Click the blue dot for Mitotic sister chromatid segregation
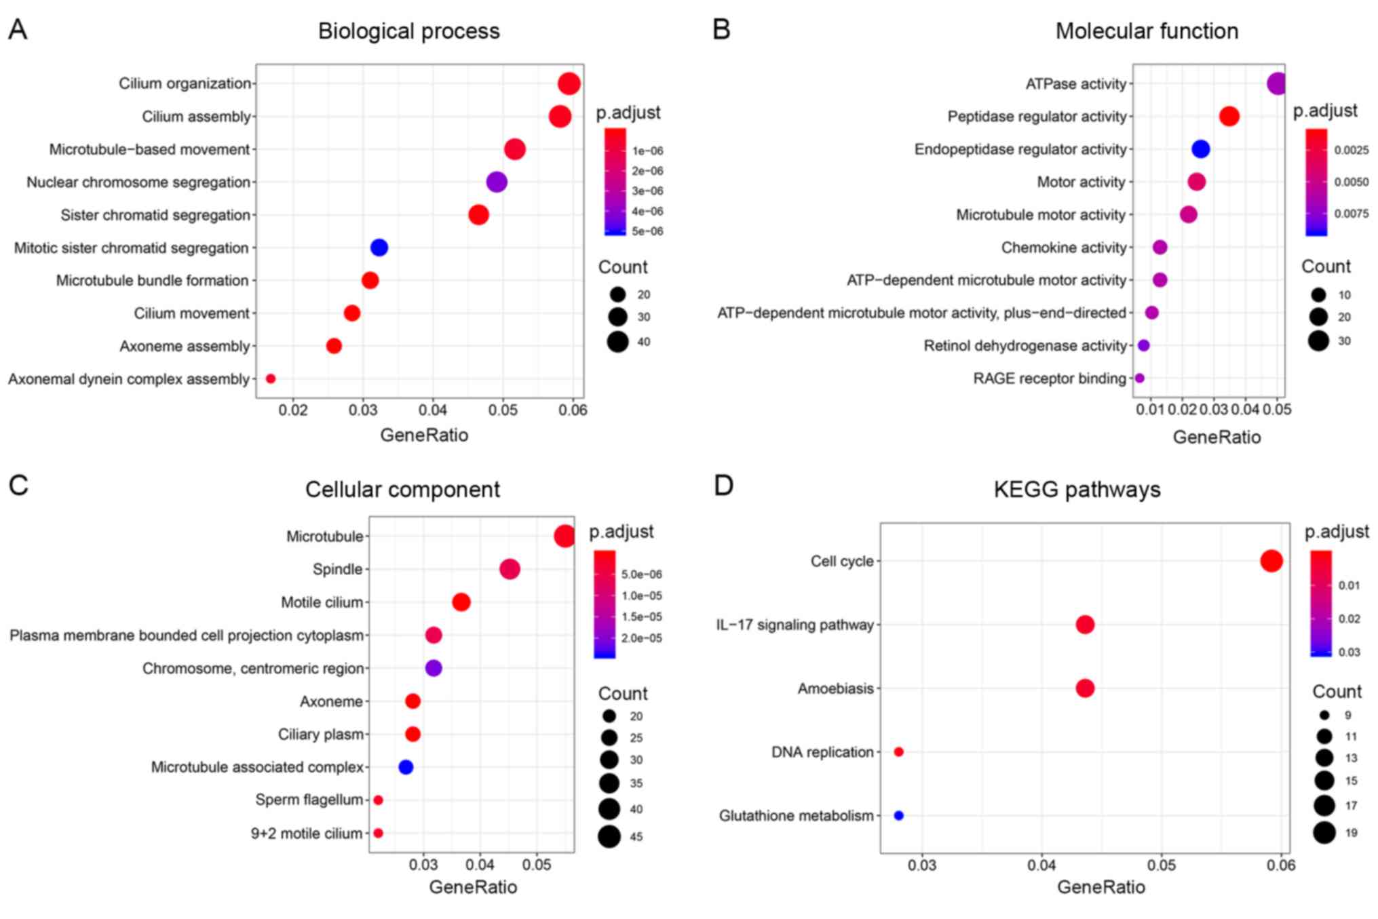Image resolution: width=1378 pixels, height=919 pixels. (379, 248)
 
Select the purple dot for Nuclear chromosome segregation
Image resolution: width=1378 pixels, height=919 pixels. (497, 182)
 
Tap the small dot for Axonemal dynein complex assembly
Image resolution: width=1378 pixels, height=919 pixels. (271, 378)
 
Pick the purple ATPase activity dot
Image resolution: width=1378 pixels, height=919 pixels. (1277, 83)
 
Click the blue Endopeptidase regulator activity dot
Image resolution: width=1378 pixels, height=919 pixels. (1200, 149)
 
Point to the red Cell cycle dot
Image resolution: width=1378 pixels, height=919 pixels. (1271, 561)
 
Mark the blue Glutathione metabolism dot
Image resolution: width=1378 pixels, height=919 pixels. (899, 815)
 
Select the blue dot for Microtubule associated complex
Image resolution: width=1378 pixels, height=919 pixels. (406, 767)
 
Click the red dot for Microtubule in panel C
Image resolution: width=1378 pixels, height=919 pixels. (564, 536)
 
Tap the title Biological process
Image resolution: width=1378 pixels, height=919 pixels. (408, 31)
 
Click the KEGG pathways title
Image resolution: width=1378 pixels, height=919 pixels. (1077, 489)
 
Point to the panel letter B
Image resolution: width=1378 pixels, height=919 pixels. (721, 30)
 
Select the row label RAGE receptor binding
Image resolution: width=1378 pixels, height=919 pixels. (1049, 378)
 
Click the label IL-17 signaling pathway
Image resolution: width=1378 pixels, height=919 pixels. (795, 625)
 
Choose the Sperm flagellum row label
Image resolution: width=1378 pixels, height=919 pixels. (309, 800)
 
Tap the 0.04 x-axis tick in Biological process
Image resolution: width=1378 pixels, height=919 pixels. (433, 410)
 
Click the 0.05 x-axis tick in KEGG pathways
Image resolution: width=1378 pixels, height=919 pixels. (1161, 865)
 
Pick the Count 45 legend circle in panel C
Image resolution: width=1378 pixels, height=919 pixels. (609, 836)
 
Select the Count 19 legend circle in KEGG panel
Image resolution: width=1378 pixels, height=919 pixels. (1324, 832)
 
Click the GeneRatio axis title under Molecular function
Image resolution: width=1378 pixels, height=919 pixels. (1217, 437)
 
